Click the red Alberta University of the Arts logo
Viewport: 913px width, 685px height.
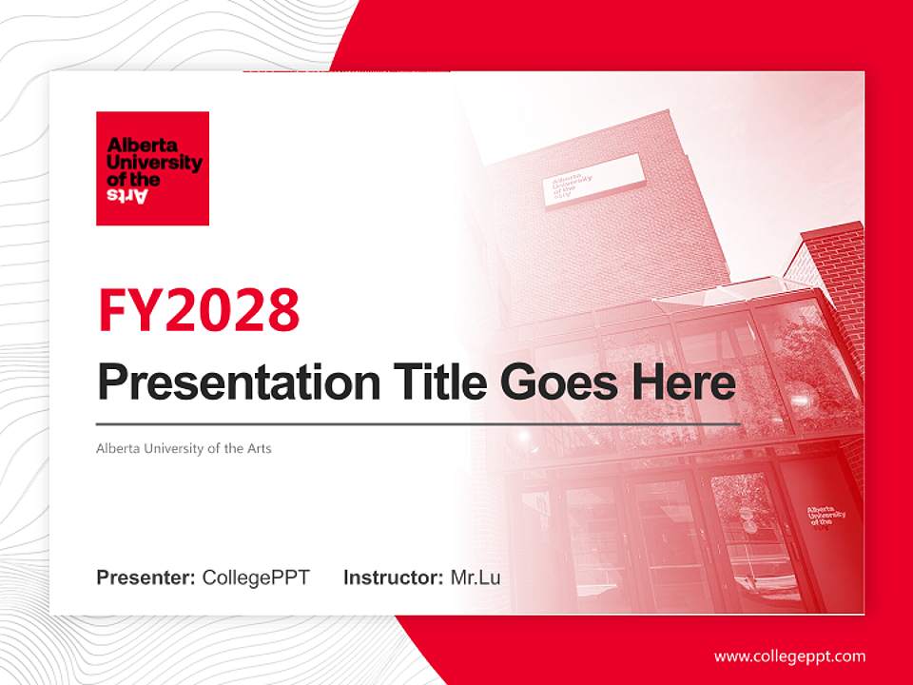point(152,168)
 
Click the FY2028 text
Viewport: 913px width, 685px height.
point(199,310)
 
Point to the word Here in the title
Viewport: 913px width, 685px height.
point(684,382)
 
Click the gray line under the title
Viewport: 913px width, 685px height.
point(418,423)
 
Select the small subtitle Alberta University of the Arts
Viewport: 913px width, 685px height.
point(184,448)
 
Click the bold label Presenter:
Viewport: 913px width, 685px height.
point(146,577)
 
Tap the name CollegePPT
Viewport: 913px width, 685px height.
point(256,577)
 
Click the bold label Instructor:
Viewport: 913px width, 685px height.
point(393,577)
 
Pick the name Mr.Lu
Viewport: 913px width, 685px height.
point(476,577)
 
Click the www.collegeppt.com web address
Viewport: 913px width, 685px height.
point(789,656)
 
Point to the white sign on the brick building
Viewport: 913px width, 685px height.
point(593,178)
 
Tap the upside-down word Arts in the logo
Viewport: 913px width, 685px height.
point(128,195)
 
